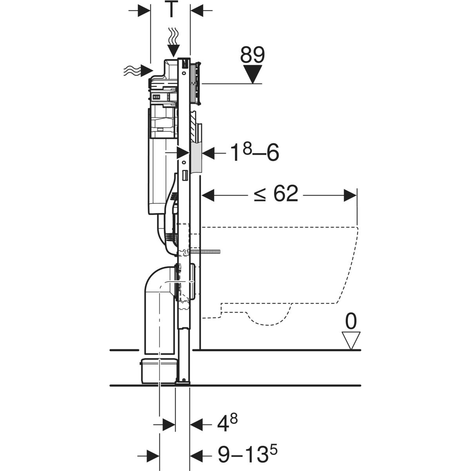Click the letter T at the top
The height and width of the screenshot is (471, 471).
tap(171, 10)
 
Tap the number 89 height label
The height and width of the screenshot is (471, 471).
tap(252, 55)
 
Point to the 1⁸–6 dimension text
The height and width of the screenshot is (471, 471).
tap(255, 153)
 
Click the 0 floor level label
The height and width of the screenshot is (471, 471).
tap(351, 322)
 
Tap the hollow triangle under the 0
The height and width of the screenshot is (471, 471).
tap(351, 340)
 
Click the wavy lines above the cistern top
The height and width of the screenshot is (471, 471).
tap(173, 36)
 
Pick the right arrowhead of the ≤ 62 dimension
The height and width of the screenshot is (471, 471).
tap(350, 195)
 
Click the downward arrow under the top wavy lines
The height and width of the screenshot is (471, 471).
tap(173, 50)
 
